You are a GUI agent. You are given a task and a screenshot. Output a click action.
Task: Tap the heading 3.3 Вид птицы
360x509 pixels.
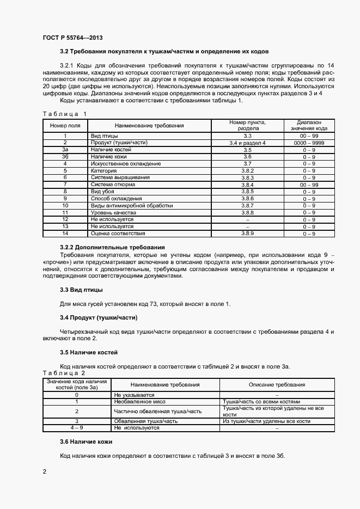click(x=81, y=290)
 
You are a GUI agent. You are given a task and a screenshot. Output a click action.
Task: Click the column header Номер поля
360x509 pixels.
click(x=65, y=126)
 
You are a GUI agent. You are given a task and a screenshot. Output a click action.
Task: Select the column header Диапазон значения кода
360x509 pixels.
click(x=309, y=126)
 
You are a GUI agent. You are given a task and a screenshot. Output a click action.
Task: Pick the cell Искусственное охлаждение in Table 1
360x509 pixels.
click(x=125, y=163)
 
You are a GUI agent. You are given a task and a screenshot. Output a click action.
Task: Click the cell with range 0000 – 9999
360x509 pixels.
click(x=309, y=143)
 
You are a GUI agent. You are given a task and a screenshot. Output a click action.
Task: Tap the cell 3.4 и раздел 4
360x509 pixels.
click(x=247, y=143)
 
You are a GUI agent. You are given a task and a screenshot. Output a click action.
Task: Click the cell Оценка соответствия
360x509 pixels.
click(x=118, y=234)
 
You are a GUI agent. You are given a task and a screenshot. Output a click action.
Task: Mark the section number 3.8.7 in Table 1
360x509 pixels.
click(x=247, y=206)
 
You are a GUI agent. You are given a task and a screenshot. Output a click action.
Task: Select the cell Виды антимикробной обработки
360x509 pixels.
click(x=132, y=206)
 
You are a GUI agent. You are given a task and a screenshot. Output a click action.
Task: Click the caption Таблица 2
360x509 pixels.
click(x=64, y=373)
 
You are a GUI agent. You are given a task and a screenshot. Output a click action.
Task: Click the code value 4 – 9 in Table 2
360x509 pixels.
click(x=77, y=428)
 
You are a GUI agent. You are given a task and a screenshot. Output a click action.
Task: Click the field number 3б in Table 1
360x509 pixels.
click(x=65, y=156)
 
